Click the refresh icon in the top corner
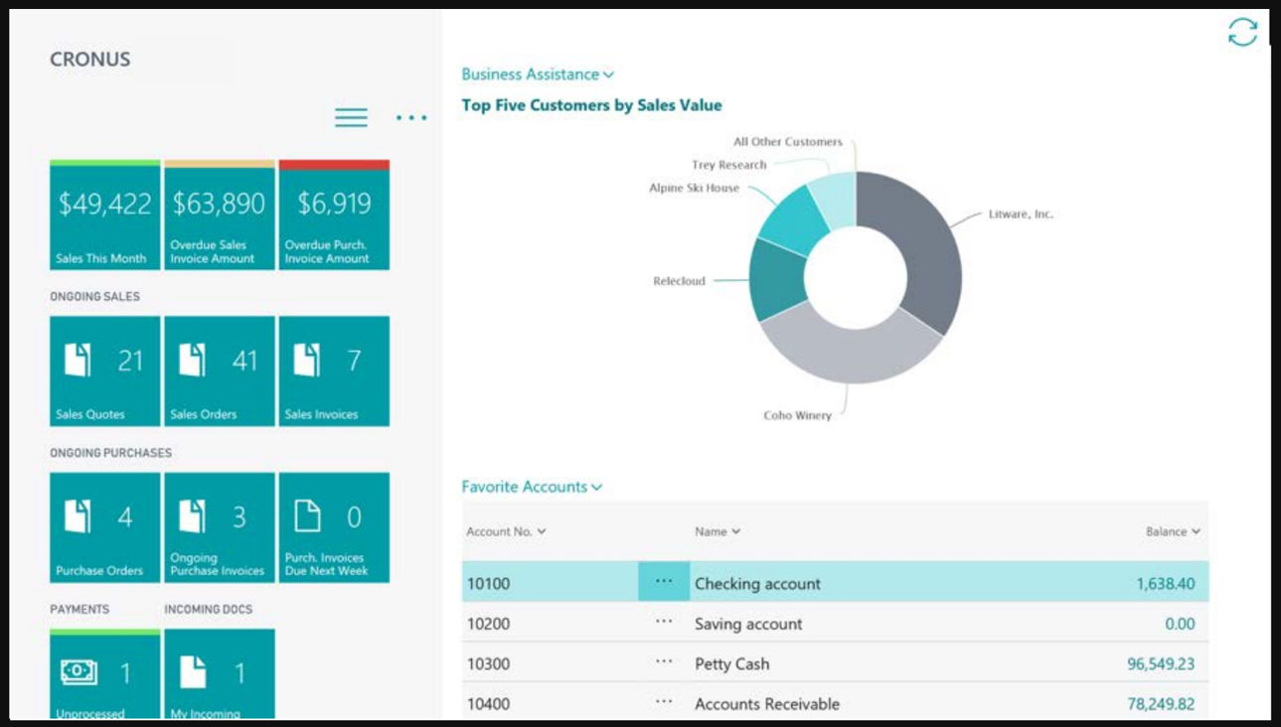click(x=1242, y=32)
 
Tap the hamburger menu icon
click(x=351, y=117)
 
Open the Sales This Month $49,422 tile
click(x=104, y=216)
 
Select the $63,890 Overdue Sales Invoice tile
click(x=219, y=216)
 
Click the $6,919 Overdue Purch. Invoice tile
click(x=334, y=216)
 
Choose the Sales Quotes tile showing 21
click(x=104, y=371)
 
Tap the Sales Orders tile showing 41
click(x=219, y=371)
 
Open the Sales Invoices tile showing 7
click(x=334, y=371)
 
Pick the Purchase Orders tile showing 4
click(x=104, y=527)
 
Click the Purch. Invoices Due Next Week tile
click(x=334, y=527)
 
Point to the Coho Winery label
click(x=797, y=415)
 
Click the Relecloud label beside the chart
click(x=679, y=281)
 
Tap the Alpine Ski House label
click(x=694, y=188)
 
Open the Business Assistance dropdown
click(x=538, y=74)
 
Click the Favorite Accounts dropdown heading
click(x=532, y=487)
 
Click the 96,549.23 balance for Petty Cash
click(x=1161, y=663)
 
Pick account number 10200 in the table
click(x=488, y=624)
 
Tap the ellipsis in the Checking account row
click(x=664, y=581)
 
